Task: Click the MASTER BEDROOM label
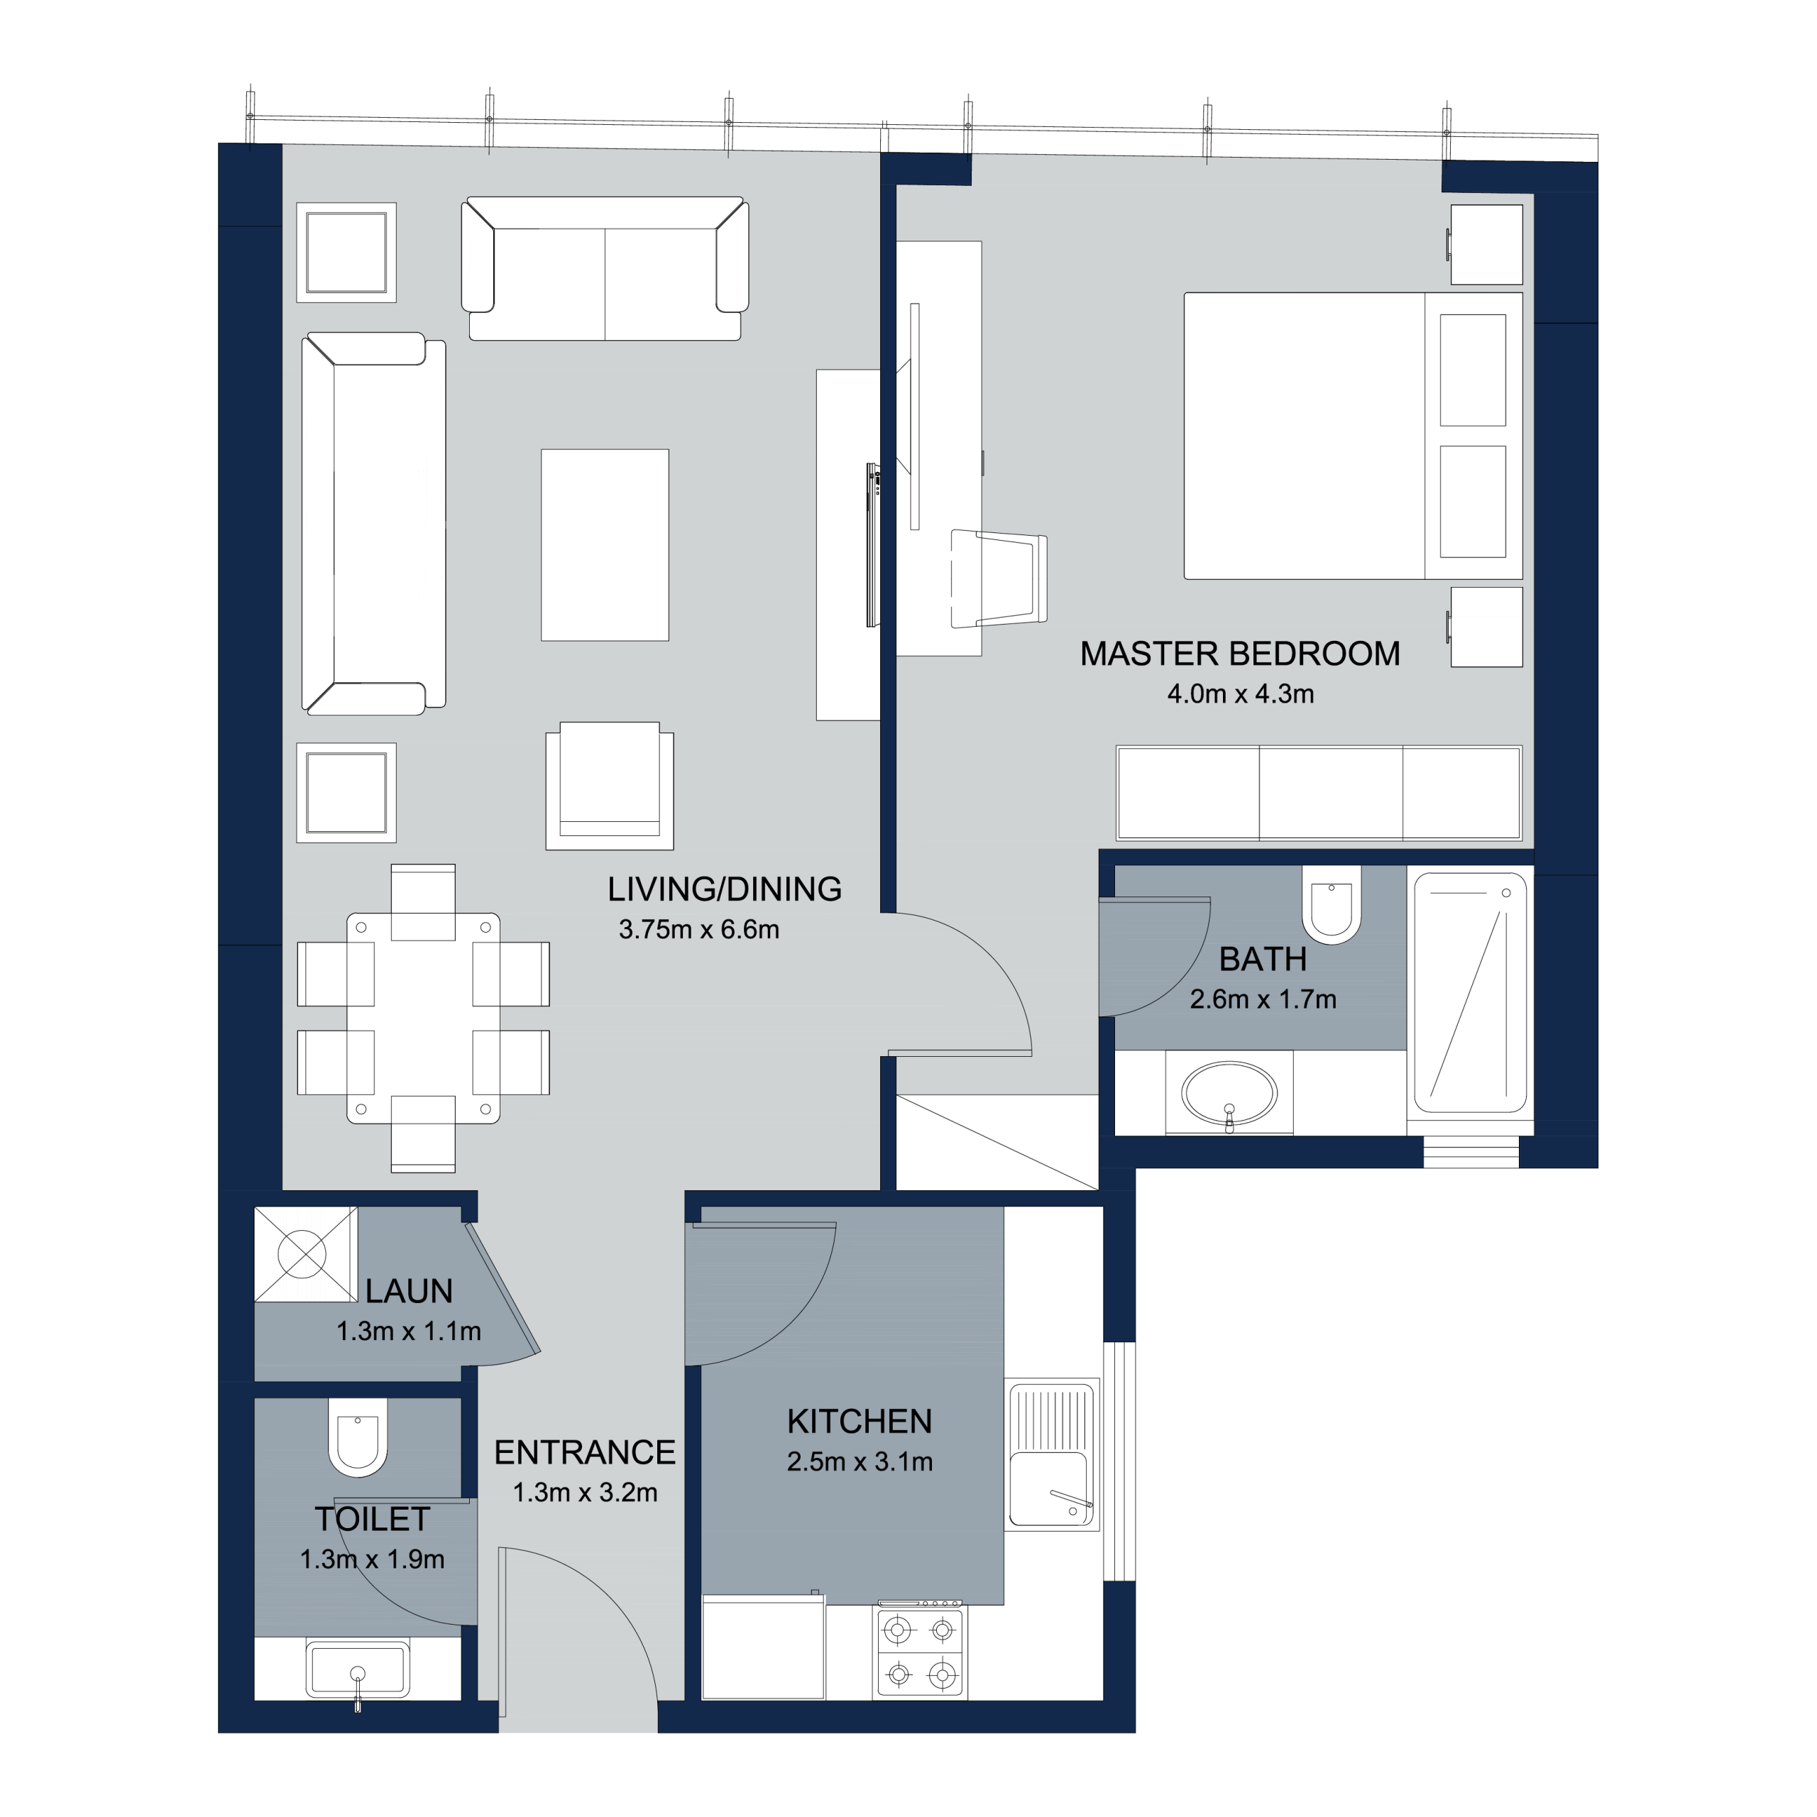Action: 1239,654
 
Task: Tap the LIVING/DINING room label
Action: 724,889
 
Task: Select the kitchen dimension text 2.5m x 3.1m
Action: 860,1461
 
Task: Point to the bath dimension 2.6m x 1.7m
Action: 1263,999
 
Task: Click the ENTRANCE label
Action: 585,1452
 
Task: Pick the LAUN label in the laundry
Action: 409,1291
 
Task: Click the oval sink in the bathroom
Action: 1229,1094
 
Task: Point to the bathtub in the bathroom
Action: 1470,993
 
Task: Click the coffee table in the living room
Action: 605,546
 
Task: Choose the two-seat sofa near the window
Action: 605,269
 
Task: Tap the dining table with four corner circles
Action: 423,1019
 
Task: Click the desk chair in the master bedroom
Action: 999,579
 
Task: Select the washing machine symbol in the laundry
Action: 306,1255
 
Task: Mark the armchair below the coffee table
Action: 610,785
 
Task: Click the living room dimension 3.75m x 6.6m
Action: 699,929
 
